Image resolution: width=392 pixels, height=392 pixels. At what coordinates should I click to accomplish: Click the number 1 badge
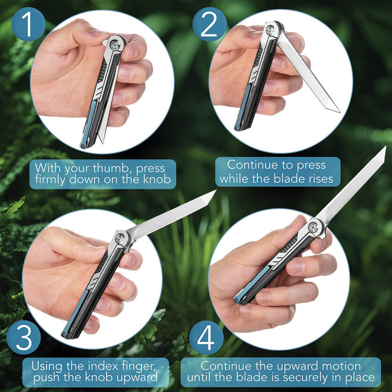point(28,24)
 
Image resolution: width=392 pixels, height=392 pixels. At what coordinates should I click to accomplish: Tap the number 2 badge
point(210,24)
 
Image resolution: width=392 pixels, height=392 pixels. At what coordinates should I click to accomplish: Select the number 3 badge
point(24,337)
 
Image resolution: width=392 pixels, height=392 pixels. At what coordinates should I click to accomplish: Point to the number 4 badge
point(206,338)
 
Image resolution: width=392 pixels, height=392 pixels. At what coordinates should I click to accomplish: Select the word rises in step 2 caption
point(321,179)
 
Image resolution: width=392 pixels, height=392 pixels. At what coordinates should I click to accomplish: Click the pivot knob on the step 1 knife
point(115,45)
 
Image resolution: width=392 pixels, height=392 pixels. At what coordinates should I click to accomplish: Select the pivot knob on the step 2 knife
point(271,30)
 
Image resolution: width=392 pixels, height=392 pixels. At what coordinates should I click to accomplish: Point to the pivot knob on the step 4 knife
point(313,227)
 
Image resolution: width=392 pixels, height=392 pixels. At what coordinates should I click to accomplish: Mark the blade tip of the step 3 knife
point(216,191)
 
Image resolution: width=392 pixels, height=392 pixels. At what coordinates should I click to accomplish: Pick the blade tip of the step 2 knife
point(340,112)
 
